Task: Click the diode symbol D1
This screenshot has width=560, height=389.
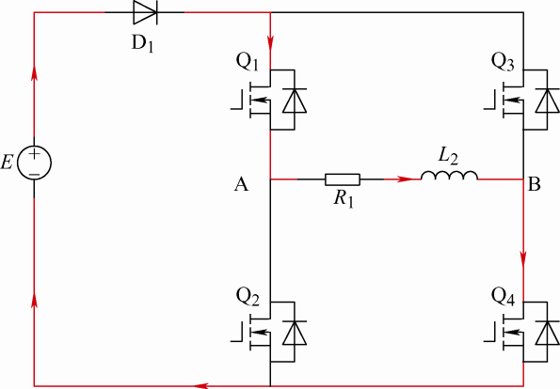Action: pyautogui.click(x=145, y=12)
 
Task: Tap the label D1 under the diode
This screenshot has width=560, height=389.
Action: pyautogui.click(x=143, y=44)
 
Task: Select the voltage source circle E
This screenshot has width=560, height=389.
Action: pyautogui.click(x=34, y=163)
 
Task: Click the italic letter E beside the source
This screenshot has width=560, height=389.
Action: pyautogui.click(x=7, y=163)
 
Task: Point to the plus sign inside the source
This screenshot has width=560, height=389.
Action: pyautogui.click(x=34, y=154)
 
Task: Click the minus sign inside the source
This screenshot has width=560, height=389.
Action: pyautogui.click(x=34, y=174)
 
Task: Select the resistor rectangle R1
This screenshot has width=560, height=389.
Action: pyautogui.click(x=343, y=179)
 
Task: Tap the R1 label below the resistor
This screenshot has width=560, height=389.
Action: pyautogui.click(x=344, y=199)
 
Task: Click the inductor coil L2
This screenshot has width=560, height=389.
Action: pyautogui.click(x=449, y=176)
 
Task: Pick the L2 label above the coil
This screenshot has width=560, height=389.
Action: pyautogui.click(x=448, y=157)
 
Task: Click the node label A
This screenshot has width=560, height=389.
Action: pyautogui.click(x=241, y=185)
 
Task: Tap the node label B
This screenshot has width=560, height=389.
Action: pyautogui.click(x=534, y=185)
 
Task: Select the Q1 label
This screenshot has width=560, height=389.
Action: pyautogui.click(x=248, y=62)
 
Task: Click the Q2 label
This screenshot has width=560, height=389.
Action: pyautogui.click(x=248, y=297)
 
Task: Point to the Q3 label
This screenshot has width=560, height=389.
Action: pyautogui.click(x=503, y=62)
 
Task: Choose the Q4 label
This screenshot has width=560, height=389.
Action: pyautogui.click(x=503, y=297)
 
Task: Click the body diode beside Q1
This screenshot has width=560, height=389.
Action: pyautogui.click(x=295, y=101)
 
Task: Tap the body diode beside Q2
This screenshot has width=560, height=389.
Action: pyautogui.click(x=295, y=333)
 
